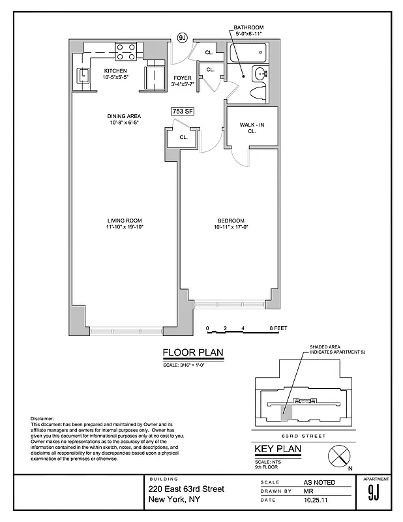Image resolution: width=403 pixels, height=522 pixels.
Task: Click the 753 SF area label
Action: tap(183, 112)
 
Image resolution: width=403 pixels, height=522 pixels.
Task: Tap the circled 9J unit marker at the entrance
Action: tap(183, 38)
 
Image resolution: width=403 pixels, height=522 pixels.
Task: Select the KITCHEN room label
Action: tap(115, 70)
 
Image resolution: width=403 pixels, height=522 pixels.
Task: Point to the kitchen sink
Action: tap(83, 76)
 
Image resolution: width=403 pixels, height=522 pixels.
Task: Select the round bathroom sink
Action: tap(260, 73)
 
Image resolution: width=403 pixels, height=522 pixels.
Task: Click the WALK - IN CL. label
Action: tap(252, 127)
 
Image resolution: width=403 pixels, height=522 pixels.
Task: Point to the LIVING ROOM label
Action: tap(125, 220)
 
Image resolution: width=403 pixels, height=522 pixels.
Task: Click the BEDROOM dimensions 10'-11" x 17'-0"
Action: tap(231, 227)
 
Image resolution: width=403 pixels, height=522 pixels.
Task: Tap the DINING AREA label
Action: tap(124, 117)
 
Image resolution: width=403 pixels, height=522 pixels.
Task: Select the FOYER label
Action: tap(183, 78)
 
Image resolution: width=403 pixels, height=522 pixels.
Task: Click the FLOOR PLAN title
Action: tap(192, 354)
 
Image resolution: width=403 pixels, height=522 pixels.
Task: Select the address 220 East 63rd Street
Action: tap(186, 489)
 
